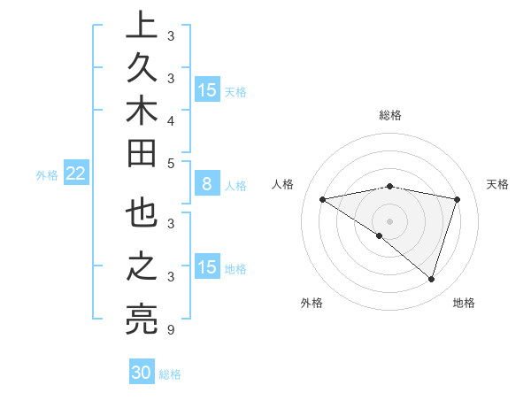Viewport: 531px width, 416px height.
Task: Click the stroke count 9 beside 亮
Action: pos(170,330)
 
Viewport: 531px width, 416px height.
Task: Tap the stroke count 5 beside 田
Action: pos(170,163)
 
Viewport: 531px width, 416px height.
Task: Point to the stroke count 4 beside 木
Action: pos(170,120)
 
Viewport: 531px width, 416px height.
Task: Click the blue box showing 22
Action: pos(76,174)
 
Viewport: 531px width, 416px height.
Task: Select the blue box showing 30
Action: pos(142,373)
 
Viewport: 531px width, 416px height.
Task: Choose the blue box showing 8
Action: pos(207,185)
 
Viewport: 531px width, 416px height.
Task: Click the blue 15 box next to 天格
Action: pos(207,90)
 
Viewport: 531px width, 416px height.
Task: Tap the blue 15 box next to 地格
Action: pos(207,267)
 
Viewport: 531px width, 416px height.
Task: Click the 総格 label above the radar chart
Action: pos(389,115)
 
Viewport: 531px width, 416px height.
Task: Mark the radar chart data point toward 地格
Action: pos(431,280)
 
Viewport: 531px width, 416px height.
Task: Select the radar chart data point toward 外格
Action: pos(380,236)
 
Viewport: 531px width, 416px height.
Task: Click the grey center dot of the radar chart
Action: pos(389,220)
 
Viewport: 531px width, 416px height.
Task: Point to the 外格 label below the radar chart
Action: pos(312,303)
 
